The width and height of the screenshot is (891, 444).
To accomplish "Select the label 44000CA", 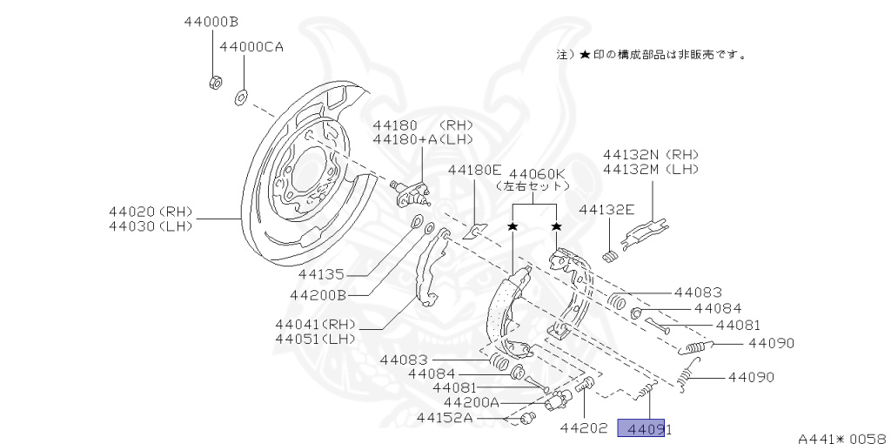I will (x=251, y=47).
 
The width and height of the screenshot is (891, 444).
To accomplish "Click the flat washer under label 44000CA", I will (x=239, y=95).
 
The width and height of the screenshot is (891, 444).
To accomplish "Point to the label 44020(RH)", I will (x=151, y=212).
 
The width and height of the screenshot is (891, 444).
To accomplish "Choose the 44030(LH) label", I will (x=151, y=226).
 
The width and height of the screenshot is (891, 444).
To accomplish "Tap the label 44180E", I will (x=475, y=170).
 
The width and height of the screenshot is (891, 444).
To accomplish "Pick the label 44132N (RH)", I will (x=651, y=154).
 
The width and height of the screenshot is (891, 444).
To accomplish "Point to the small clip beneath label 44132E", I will (x=612, y=254).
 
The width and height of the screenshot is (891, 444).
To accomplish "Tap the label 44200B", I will (x=318, y=295).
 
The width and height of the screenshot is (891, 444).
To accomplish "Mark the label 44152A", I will (x=444, y=417).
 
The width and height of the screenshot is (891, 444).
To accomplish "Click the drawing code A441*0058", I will (x=841, y=438).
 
